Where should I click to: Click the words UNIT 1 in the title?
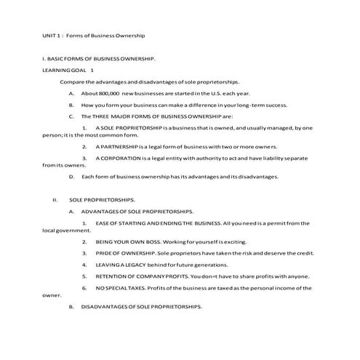point(50,35)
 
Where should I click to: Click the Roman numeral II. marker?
point(55,199)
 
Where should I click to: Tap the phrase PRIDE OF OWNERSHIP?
point(120,252)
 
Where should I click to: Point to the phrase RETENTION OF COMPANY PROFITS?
point(141,276)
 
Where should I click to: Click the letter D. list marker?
point(71,176)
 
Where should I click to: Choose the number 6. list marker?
point(84,288)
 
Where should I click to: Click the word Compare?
point(72,81)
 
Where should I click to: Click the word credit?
point(305,252)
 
